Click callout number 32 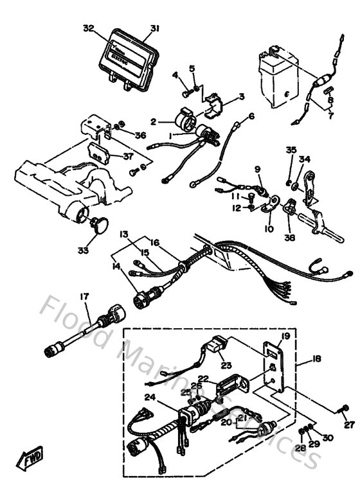coord(89,28)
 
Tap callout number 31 coord(154,28)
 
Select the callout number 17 coord(84,297)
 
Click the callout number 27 coord(349,425)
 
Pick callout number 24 coord(149,397)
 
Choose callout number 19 coord(286,336)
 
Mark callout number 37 coord(127,155)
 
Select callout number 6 coord(251,116)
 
